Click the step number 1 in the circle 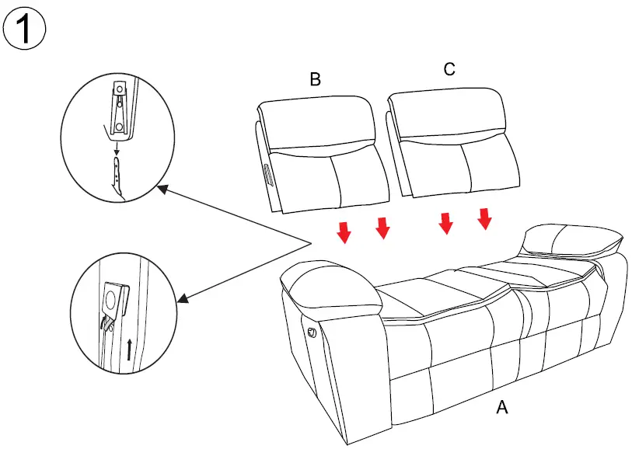[x=25, y=30]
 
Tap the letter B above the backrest [x=315, y=78]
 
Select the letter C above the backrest [x=449, y=69]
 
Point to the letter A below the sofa [x=502, y=407]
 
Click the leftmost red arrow [x=344, y=231]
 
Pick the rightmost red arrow [x=485, y=218]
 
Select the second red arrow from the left [x=382, y=228]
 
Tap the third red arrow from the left [x=445, y=222]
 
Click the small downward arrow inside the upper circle [x=117, y=146]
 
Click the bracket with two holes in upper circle [x=119, y=109]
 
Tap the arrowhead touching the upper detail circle [x=162, y=188]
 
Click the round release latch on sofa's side [x=313, y=332]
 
